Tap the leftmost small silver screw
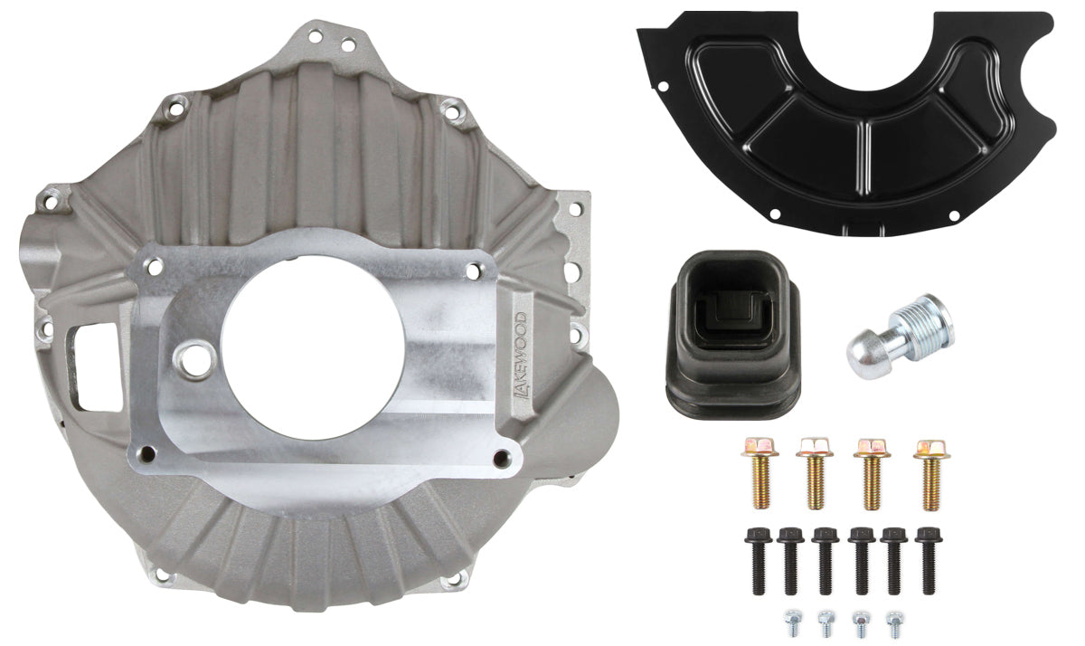pos(788,623)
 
